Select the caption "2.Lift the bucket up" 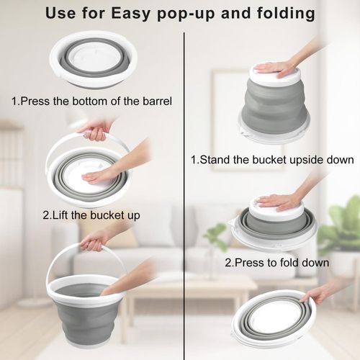pos(91,215)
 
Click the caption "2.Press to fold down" pos(277,263)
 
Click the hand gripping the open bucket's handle pos(94,241)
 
